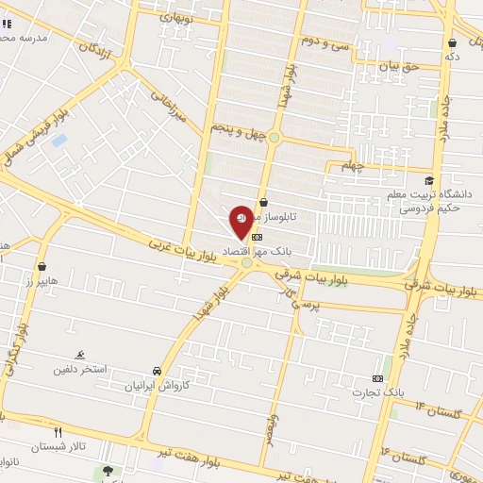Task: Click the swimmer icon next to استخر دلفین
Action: pyautogui.click(x=82, y=354)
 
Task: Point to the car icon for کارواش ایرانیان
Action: pyautogui.click(x=156, y=372)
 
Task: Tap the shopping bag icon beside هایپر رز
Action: pyautogui.click(x=42, y=267)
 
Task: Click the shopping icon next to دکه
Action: pyautogui.click(x=453, y=42)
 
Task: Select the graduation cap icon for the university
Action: pyautogui.click(x=429, y=181)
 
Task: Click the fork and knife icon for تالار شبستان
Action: pyautogui.click(x=58, y=432)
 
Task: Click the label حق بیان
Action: pyautogui.click(x=398, y=67)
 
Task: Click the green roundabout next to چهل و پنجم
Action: pyautogui.click(x=275, y=138)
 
